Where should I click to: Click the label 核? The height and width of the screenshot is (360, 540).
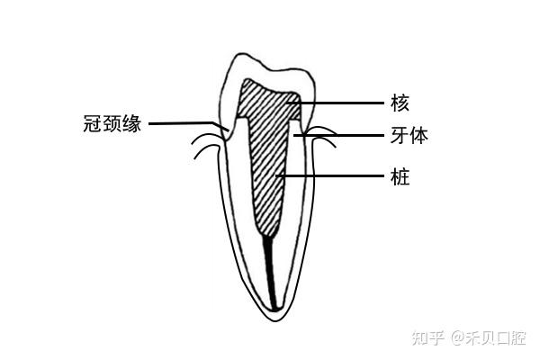click(400, 103)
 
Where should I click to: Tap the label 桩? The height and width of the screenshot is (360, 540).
click(400, 176)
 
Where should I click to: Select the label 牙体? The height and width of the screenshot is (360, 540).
click(409, 137)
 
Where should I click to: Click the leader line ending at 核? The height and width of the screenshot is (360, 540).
click(337, 103)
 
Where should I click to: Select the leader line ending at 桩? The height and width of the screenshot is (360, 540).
click(337, 176)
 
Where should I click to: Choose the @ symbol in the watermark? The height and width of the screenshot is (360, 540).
click(457, 338)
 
